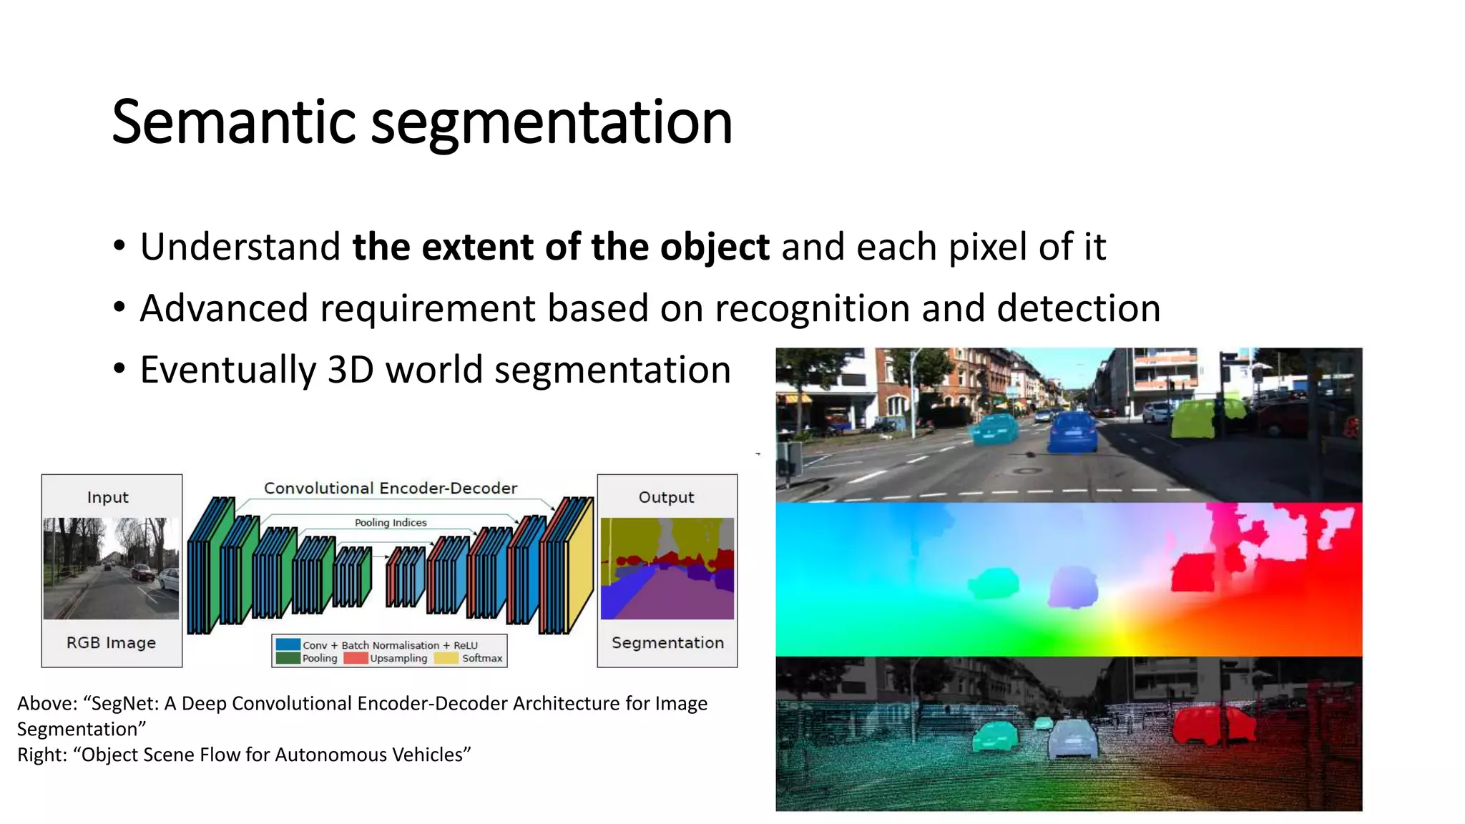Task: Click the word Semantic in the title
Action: [233, 122]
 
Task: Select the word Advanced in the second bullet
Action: [223, 309]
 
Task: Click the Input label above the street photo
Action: [107, 497]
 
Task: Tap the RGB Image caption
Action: [111, 642]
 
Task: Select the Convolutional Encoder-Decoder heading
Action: [390, 488]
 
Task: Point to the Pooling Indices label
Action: [391, 523]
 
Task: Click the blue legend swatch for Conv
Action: [288, 644]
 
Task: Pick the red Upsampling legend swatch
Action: [356, 658]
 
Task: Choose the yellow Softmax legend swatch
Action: [446, 658]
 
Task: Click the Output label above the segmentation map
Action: [666, 497]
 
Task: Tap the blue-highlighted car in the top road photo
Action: [1072, 431]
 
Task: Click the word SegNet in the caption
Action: [124, 704]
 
